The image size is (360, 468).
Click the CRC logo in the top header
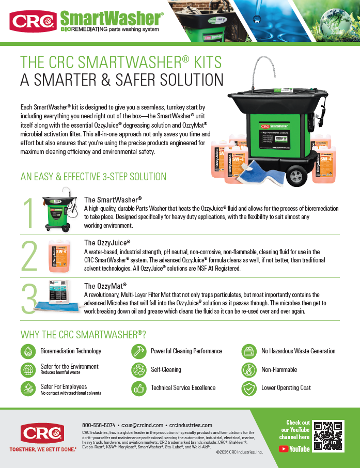pyautogui.click(x=33, y=21)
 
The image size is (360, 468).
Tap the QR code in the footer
pyautogui.click(x=328, y=436)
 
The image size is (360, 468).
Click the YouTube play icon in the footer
pyautogui.click(x=284, y=449)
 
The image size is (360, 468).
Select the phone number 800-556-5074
pyautogui.click(x=99, y=425)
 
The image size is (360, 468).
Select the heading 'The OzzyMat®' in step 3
pyautogui.click(x=105, y=286)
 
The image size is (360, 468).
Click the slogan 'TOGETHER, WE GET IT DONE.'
pyautogui.click(x=43, y=449)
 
